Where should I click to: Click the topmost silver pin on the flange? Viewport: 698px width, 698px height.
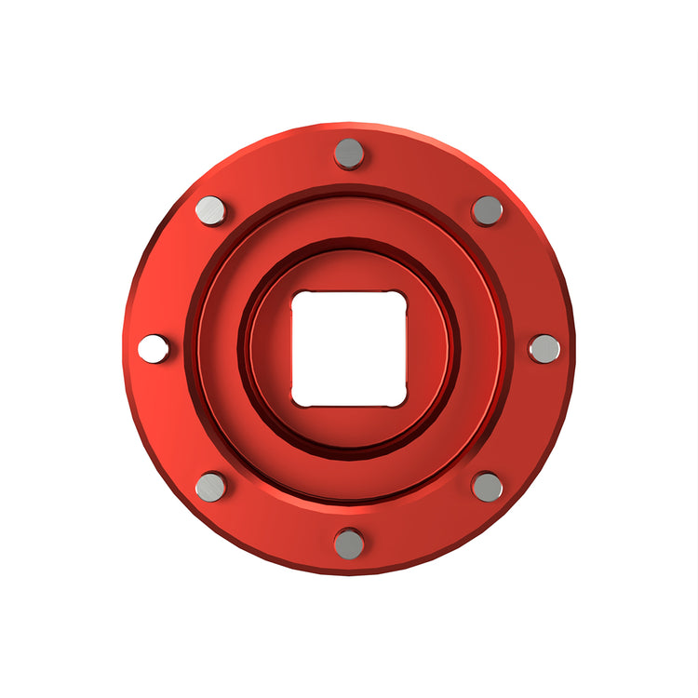click(x=349, y=154)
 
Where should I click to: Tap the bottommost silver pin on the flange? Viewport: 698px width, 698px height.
click(x=349, y=544)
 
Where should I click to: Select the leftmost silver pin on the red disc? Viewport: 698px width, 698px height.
click(x=154, y=349)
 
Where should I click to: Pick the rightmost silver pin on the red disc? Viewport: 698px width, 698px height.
click(x=544, y=349)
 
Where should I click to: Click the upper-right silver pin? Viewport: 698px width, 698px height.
click(x=487, y=210)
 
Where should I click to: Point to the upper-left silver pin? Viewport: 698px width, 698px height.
click(x=211, y=210)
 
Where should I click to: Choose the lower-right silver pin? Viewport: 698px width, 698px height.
click(x=487, y=486)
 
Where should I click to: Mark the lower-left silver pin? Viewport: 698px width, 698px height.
click(x=211, y=486)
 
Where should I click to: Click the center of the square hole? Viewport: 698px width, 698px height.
click(x=349, y=349)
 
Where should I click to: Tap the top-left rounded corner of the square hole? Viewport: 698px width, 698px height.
click(x=297, y=297)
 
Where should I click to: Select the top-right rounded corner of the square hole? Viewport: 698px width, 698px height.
click(x=401, y=297)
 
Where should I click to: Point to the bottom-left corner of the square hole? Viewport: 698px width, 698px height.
click(x=297, y=401)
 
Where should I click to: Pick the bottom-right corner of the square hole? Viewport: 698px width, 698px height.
click(x=401, y=401)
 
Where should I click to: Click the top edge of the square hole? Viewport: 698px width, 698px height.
click(x=349, y=292)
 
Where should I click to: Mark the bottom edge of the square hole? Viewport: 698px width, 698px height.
click(x=349, y=406)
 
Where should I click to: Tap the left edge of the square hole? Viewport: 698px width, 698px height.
click(x=292, y=349)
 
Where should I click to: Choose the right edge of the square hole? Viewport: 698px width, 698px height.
click(x=406, y=349)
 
